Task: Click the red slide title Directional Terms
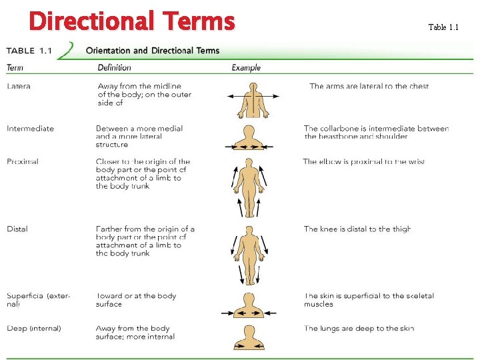131,21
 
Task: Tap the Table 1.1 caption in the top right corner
443,27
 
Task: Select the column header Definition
114,67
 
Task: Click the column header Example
246,67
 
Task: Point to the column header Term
15,67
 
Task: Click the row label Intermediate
30,129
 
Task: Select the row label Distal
17,229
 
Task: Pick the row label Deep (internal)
34,328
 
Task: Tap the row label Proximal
23,161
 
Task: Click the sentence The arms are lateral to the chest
369,86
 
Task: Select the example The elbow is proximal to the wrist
363,161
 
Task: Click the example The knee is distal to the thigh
357,229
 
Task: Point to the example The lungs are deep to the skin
359,328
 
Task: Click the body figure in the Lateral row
253,99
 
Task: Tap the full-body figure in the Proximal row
249,187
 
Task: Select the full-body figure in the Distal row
249,255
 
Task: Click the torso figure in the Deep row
249,337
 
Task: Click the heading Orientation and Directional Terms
152,51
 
